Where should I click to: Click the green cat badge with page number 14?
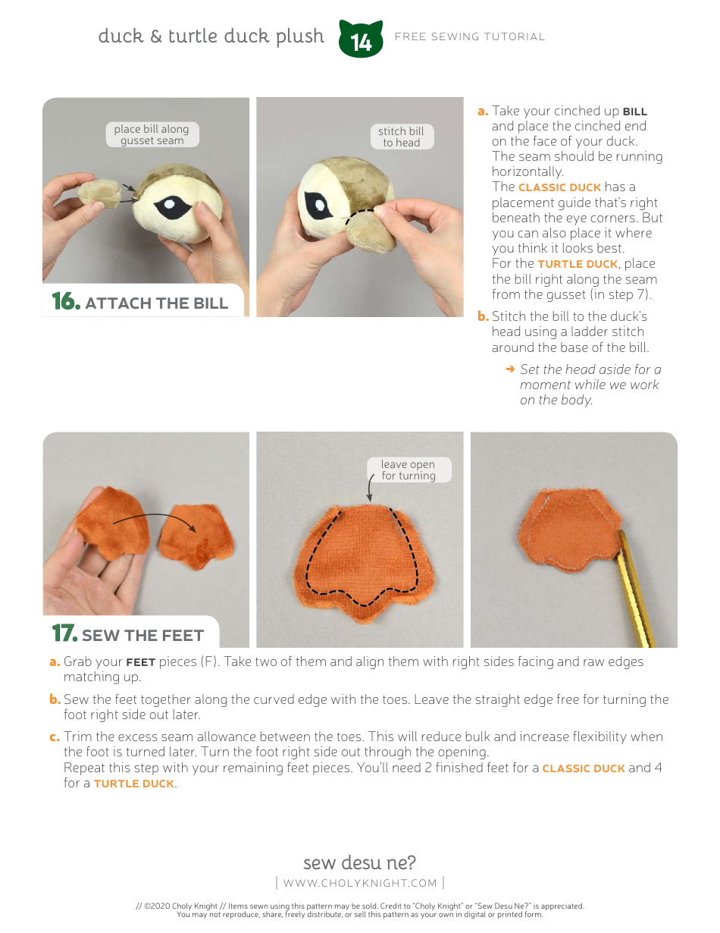click(x=361, y=40)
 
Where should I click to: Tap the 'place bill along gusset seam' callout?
click(x=152, y=135)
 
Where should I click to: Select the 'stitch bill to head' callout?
click(x=401, y=137)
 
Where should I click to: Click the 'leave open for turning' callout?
click(x=409, y=470)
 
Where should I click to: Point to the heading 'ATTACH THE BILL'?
click(x=156, y=303)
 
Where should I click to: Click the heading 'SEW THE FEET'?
click(x=142, y=636)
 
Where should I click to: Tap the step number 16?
click(x=65, y=302)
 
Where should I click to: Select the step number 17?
click(x=64, y=634)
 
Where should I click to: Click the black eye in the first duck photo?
click(x=173, y=206)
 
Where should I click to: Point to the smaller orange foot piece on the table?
click(x=196, y=536)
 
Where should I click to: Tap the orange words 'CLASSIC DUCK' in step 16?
click(x=559, y=187)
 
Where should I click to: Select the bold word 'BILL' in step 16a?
click(x=634, y=112)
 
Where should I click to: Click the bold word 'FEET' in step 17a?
click(x=140, y=662)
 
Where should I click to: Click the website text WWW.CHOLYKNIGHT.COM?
click(x=360, y=883)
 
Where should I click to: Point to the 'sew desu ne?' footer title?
click(x=359, y=862)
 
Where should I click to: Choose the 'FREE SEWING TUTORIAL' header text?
click(x=470, y=36)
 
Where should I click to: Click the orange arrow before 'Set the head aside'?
click(x=510, y=369)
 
